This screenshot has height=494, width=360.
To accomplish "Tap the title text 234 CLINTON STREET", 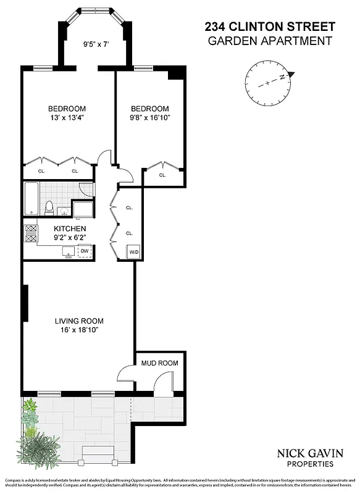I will click(270, 27).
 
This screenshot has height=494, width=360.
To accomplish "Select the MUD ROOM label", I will click(159, 363).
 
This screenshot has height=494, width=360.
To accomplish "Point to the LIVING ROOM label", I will click(78, 321).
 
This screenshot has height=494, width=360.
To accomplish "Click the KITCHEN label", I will click(60, 228).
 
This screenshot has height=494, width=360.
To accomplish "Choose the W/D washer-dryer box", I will click(133, 252).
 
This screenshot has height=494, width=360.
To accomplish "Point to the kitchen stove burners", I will click(31, 232).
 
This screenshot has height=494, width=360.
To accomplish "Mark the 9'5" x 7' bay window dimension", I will click(96, 44).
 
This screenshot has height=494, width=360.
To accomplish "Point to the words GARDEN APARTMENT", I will click(270, 41).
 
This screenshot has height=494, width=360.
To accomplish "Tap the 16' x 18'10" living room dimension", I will click(78, 330).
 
